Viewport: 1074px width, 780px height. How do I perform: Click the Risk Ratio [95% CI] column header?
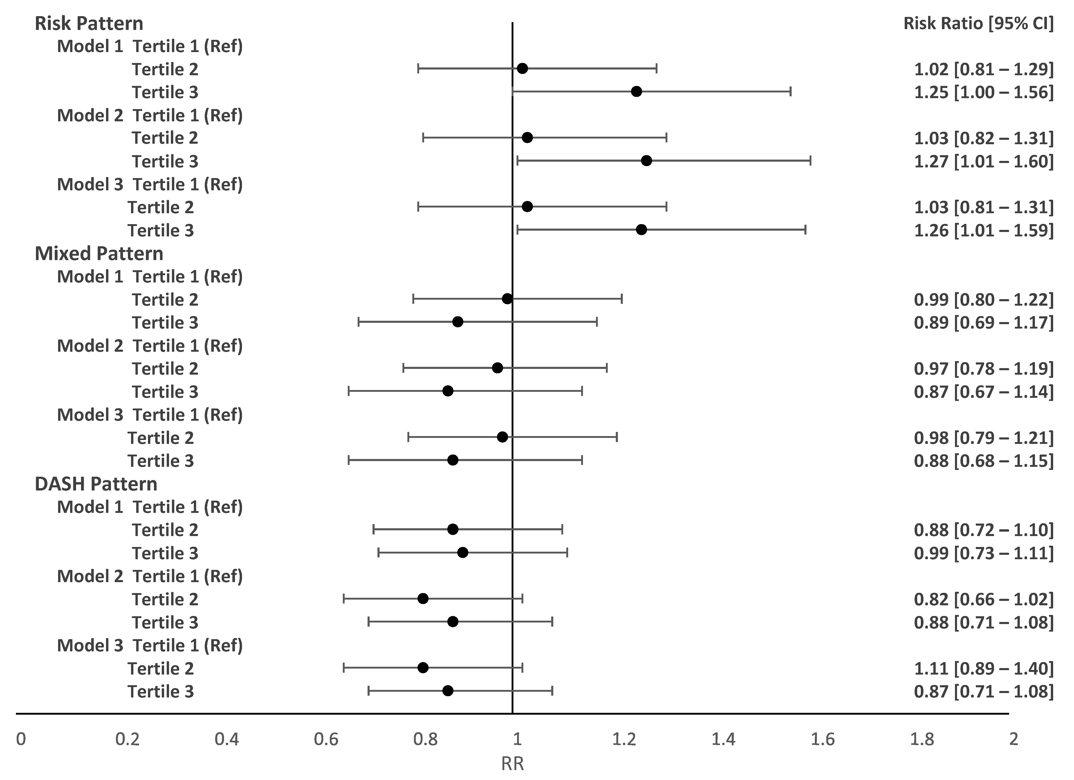pyautogui.click(x=978, y=23)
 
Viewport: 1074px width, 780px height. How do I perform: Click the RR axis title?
pyautogui.click(x=512, y=764)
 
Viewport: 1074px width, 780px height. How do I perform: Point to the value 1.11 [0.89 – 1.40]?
pyautogui.click(x=984, y=668)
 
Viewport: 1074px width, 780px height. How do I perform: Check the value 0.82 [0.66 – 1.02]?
pyautogui.click(x=984, y=599)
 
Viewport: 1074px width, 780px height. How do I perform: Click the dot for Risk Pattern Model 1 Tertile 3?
pyautogui.click(x=636, y=91)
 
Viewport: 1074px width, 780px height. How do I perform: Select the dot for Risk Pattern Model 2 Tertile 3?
pyautogui.click(x=646, y=160)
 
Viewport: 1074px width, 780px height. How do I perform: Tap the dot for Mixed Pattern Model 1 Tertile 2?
pyautogui.click(x=507, y=299)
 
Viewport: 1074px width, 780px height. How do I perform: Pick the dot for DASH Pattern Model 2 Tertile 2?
pyautogui.click(x=423, y=598)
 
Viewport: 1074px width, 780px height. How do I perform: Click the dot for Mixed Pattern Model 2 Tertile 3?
pyautogui.click(x=448, y=391)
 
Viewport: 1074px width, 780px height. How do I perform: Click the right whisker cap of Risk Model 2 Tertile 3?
pyautogui.click(x=810, y=160)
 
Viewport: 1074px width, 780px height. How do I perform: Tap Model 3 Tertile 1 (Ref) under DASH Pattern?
pyautogui.click(x=150, y=645)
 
